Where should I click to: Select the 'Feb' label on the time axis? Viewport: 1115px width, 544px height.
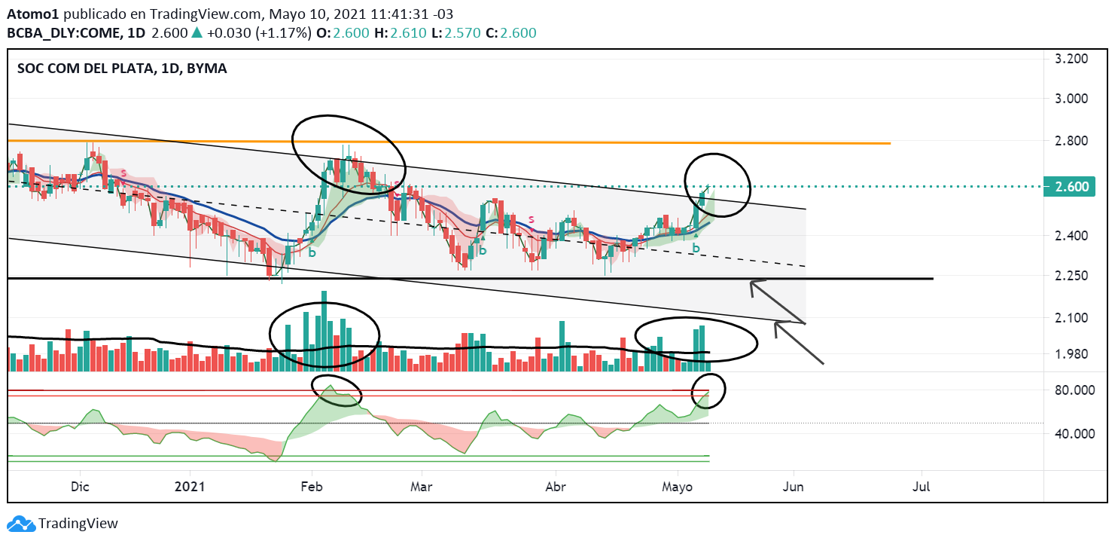point(311,487)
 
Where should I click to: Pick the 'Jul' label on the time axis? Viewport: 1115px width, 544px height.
point(921,487)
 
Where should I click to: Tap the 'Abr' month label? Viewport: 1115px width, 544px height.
point(556,487)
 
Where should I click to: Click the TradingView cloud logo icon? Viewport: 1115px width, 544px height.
point(21,523)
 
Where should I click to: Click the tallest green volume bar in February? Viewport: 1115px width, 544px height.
point(324,330)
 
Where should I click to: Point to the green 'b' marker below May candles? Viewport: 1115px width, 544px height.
point(696,248)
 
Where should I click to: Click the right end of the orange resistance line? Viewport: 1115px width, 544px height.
point(889,143)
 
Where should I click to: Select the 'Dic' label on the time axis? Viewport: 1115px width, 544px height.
point(80,487)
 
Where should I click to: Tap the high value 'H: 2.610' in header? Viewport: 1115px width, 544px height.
point(383,33)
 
